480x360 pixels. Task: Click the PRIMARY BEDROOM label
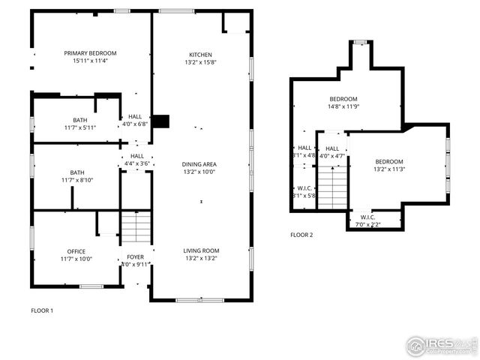pyautogui.click(x=90, y=53)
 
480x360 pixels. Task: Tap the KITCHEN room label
pyautogui.click(x=200, y=55)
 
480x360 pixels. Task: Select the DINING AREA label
pyautogui.click(x=199, y=164)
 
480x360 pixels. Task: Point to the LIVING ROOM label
pyautogui.click(x=201, y=250)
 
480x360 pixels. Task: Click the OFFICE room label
pyautogui.click(x=76, y=252)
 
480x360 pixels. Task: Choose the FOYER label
pyautogui.click(x=135, y=257)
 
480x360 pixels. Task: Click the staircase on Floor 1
pyautogui.click(x=136, y=227)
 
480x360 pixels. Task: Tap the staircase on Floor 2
pyautogui.click(x=334, y=187)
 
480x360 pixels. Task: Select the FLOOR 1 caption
pyautogui.click(x=42, y=310)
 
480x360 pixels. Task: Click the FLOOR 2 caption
pyautogui.click(x=301, y=235)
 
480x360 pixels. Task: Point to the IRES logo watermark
pyautogui.click(x=441, y=346)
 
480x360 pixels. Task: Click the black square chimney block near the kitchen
pyautogui.click(x=160, y=121)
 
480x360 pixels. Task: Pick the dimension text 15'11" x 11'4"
pyautogui.click(x=90, y=61)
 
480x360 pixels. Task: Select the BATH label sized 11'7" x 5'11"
pyautogui.click(x=79, y=120)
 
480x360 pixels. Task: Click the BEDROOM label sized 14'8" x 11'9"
pyautogui.click(x=343, y=99)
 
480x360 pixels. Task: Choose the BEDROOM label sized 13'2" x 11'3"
pyautogui.click(x=389, y=162)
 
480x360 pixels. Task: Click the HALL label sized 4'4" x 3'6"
pyautogui.click(x=137, y=155)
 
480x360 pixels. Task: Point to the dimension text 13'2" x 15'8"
pyautogui.click(x=200, y=63)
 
